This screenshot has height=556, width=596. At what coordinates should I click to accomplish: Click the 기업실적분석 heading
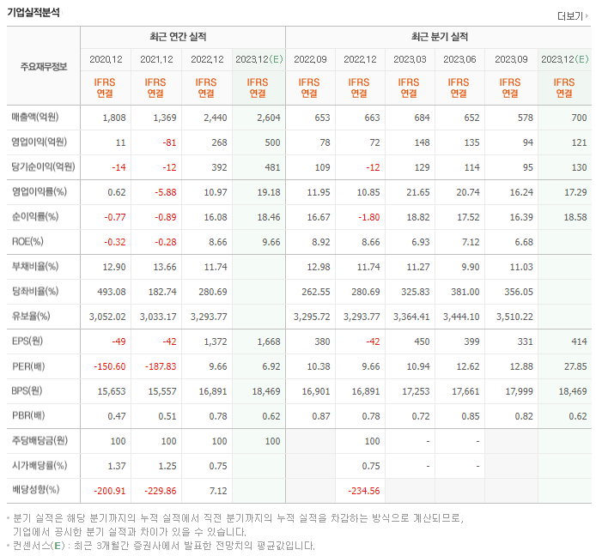pyautogui.click(x=35, y=13)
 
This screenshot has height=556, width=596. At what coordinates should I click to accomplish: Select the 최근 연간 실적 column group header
pyautogui.click(x=182, y=37)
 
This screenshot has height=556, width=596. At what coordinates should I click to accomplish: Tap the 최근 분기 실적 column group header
pyautogui.click(x=439, y=37)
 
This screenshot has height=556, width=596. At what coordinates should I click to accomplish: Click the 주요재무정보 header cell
pyautogui.click(x=43, y=66)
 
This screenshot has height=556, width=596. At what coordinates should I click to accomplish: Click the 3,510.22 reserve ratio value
pyautogui.click(x=510, y=317)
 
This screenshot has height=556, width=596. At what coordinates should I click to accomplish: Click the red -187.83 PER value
pyautogui.click(x=155, y=366)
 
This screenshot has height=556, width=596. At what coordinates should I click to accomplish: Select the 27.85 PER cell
pyautogui.click(x=563, y=366)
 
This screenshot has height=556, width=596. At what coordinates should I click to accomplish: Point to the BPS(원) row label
pyautogui.click(x=29, y=391)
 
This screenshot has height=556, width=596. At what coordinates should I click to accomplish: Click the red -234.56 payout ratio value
pyautogui.click(x=361, y=490)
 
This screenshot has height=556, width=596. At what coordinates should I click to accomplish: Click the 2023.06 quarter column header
pyautogui.click(x=459, y=58)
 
